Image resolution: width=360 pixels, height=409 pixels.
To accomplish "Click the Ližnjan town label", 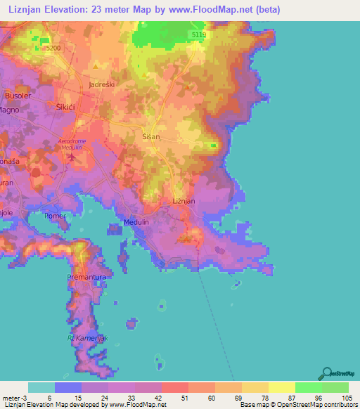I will pyautogui.click(x=184, y=201).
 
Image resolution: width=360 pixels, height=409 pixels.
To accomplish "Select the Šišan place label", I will pyautogui.click(x=152, y=137).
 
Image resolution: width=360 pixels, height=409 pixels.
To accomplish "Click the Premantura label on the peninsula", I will pyautogui.click(x=86, y=278).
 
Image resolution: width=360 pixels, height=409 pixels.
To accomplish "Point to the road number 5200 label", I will pyautogui.click(x=52, y=48).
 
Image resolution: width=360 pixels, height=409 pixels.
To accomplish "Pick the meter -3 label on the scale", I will pyautogui.click(x=14, y=397).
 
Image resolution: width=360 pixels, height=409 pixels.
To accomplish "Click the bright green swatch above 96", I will pyautogui.click(x=308, y=387).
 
